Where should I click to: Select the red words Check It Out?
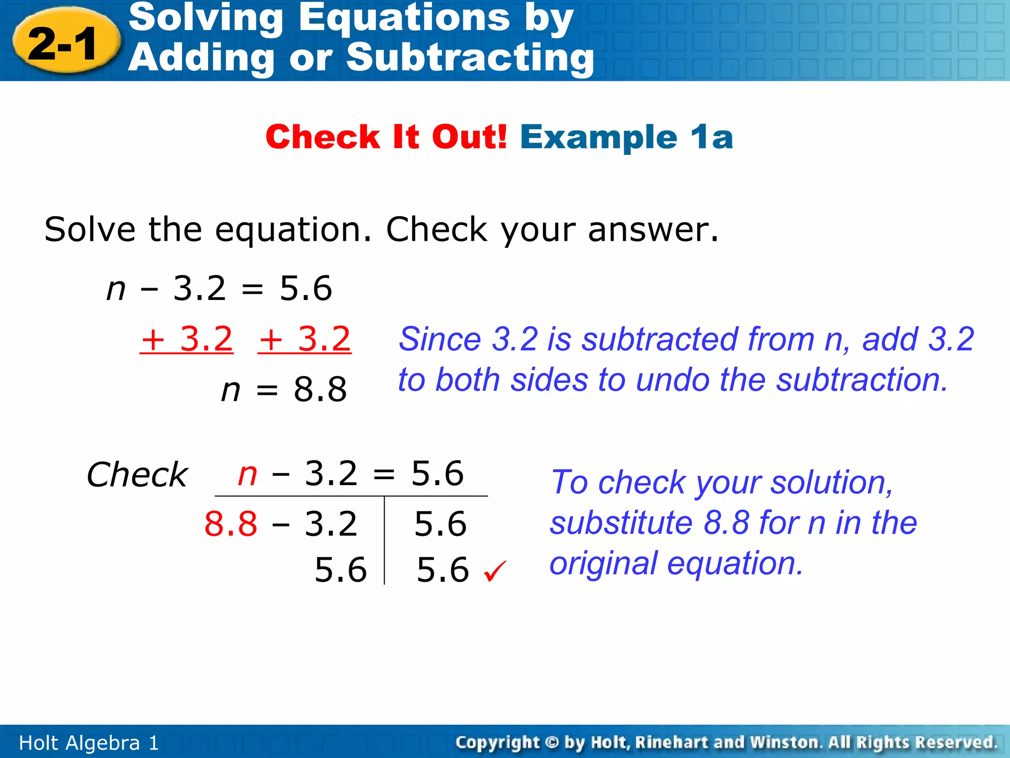pyautogui.click(x=386, y=137)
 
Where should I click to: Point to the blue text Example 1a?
pyautogui.click(x=626, y=137)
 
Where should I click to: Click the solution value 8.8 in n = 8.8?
pyautogui.click(x=320, y=389)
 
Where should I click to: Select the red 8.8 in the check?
pyautogui.click(x=231, y=524)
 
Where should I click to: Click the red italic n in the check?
pyautogui.click(x=247, y=474)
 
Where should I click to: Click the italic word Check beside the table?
pyautogui.click(x=137, y=475)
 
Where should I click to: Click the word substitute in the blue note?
pyautogui.click(x=621, y=523)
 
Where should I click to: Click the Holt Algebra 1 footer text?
pyautogui.click(x=89, y=743)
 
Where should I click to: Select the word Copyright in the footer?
pyautogui.click(x=498, y=743)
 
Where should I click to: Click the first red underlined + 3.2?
pyautogui.click(x=186, y=340)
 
